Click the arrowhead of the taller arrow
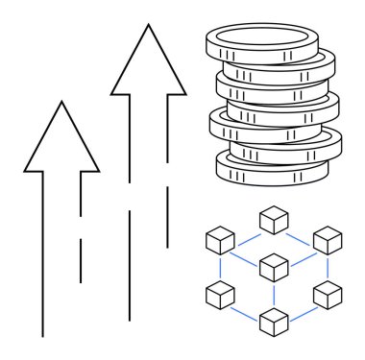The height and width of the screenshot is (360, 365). click(148, 67)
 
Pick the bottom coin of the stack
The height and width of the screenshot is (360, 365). click(272, 170)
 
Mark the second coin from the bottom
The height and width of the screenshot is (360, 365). click(288, 149)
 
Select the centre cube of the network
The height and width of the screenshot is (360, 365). click(275, 264)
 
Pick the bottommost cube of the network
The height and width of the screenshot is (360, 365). click(275, 322)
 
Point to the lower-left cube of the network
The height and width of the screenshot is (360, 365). click(222, 294)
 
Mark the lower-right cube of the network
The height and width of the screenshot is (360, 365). click(328, 294)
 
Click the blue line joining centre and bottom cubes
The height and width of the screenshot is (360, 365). click(275, 294)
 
